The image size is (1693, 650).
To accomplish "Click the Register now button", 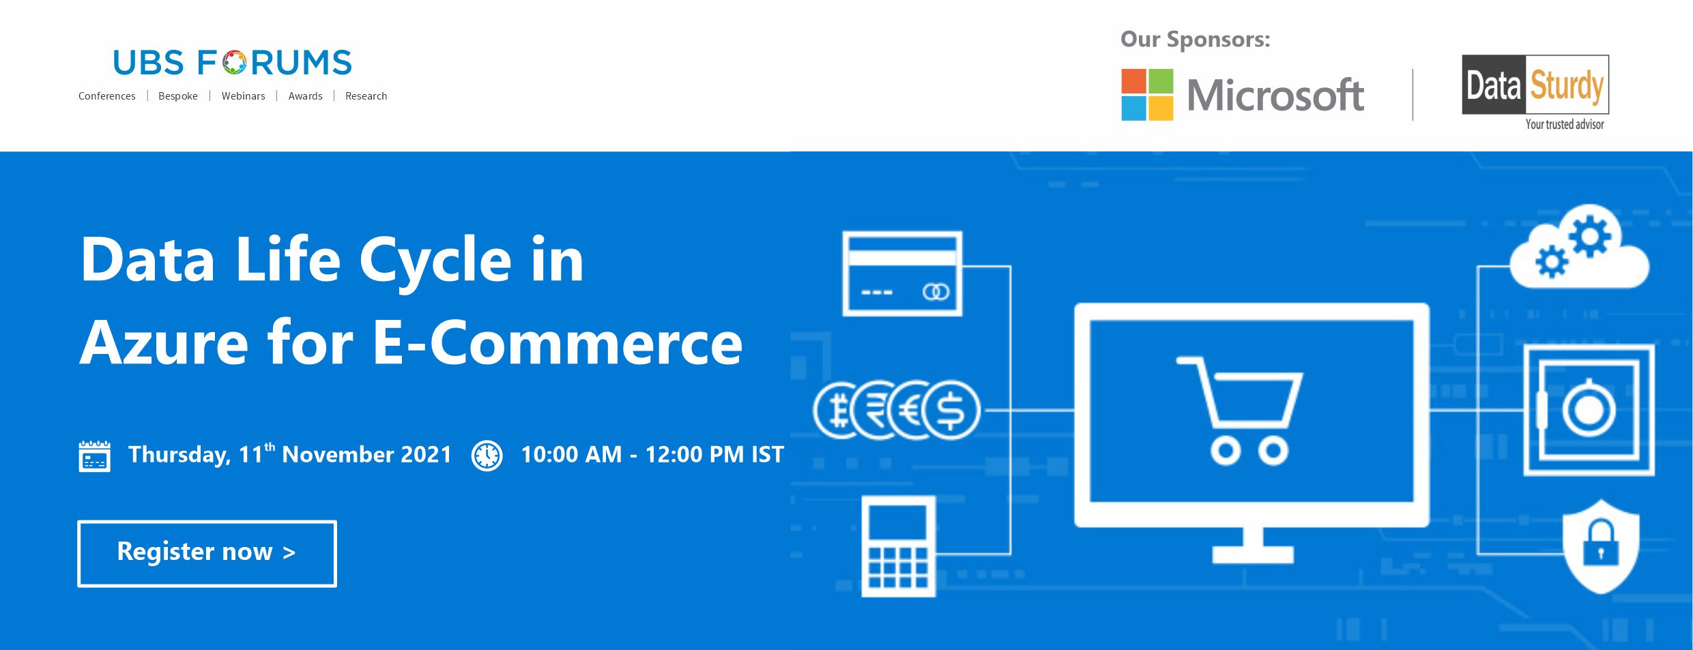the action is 207,553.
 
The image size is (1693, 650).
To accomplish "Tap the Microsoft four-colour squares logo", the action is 1147,95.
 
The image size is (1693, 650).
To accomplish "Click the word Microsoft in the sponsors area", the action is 1275,95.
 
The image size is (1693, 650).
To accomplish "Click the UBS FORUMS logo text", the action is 232,63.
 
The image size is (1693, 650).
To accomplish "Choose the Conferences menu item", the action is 107,96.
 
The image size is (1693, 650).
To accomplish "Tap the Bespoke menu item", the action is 178,96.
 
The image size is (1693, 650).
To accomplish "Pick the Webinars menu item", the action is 243,96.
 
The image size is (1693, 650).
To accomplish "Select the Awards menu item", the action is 305,96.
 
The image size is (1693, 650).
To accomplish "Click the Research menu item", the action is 366,96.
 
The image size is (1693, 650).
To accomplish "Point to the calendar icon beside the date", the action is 94,456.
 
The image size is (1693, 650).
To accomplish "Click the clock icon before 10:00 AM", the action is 487,456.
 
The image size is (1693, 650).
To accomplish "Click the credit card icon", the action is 902,274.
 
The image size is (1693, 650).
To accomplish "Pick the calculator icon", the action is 898,546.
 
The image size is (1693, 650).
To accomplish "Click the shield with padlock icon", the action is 1601,546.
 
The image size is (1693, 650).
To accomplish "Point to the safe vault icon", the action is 1589,410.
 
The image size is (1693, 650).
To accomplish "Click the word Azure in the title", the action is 164,343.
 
